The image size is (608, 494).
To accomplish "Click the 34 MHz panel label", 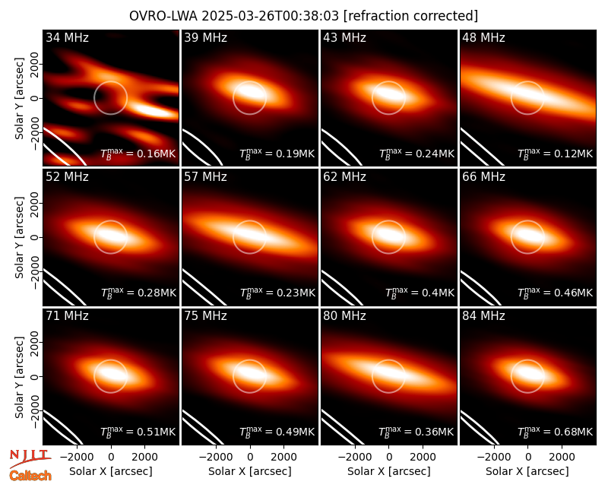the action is point(67,37).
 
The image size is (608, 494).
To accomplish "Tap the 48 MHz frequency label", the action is point(483,37).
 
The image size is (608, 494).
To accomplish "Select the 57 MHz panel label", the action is point(205,177).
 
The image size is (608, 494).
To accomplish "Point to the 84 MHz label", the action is point(483,316).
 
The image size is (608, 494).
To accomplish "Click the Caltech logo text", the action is point(30,476).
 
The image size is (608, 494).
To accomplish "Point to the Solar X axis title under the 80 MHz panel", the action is point(388,471).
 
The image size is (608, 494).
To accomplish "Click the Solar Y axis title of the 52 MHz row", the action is point(20,237).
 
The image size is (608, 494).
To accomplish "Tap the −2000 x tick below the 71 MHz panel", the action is point(77,457).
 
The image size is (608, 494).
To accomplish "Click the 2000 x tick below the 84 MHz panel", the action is point(562,457).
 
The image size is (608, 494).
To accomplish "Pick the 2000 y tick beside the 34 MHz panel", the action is point(36,64).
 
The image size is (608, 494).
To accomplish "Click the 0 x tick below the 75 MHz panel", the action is point(250,457).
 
